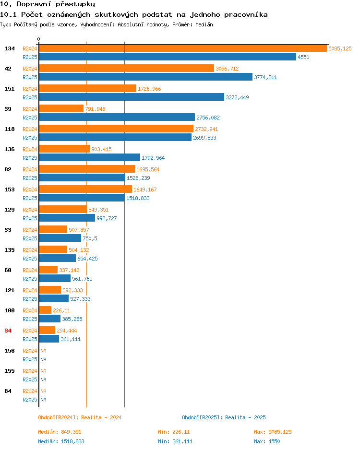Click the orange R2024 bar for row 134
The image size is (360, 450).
183,48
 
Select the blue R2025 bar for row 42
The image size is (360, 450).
146,77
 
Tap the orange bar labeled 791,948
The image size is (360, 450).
61,108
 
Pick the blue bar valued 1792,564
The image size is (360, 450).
90,157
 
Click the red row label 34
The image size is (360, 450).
8,331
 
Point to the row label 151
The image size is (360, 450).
10,89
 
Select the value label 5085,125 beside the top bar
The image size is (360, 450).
340,48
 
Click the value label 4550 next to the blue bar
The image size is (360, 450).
303,57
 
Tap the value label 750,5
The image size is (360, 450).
90,238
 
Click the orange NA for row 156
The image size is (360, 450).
43,351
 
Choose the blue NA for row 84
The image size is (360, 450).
43,400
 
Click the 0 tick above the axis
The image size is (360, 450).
39,39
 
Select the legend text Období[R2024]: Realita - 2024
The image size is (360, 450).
80,417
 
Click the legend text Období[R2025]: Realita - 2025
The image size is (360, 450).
224,417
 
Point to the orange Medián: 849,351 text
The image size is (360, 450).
60,432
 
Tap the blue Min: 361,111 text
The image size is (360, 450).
175,441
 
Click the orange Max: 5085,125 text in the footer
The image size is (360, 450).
273,432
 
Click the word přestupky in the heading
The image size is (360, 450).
75,4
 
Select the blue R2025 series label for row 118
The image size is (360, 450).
30,138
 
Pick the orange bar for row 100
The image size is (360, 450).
45,310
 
